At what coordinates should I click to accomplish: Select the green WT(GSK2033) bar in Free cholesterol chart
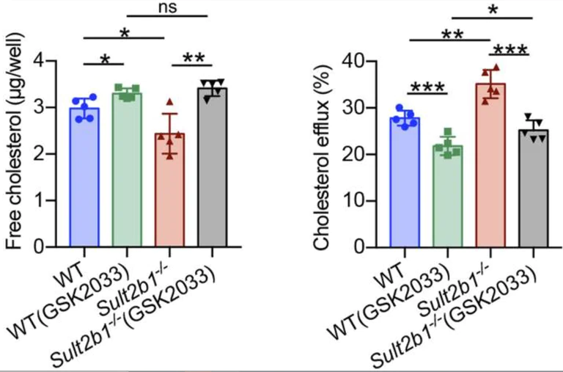coord(126,176)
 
